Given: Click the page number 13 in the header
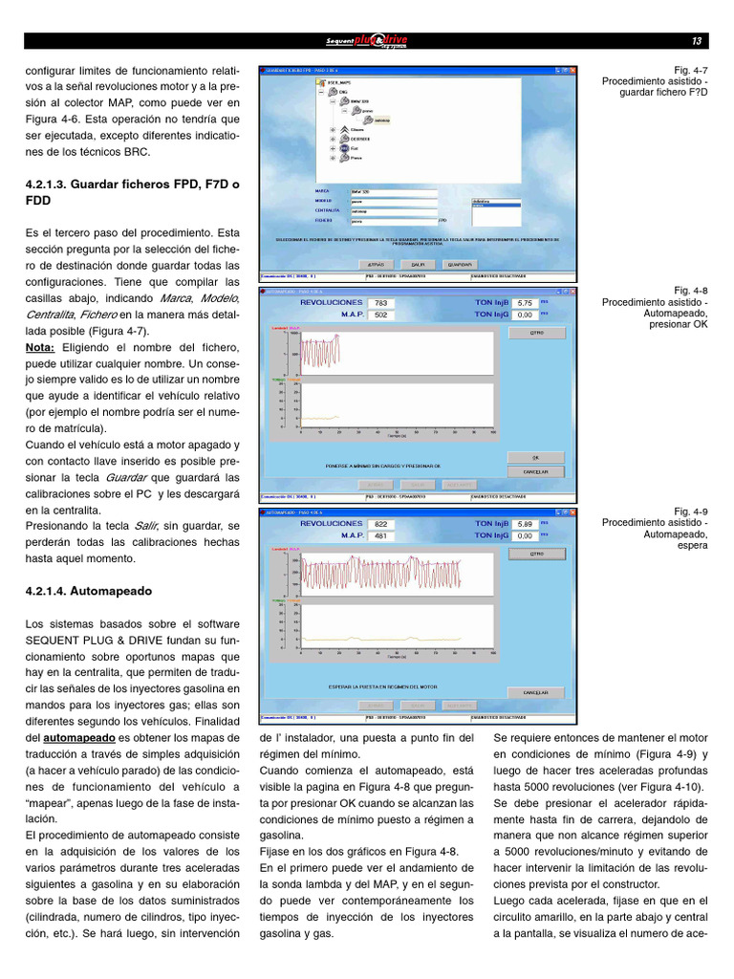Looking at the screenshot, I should (x=696, y=41).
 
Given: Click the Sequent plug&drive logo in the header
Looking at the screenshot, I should (x=367, y=41).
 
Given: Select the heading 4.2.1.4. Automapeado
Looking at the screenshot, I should (x=89, y=591).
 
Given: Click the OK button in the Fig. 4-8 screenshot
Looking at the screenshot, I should (x=535, y=458).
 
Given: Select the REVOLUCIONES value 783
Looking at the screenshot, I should (x=381, y=303).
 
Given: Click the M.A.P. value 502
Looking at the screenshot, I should (x=381, y=315).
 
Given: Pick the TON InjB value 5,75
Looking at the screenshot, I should (x=524, y=303).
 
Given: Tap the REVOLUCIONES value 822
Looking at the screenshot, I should (x=381, y=524).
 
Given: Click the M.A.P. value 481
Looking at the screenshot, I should (x=381, y=536).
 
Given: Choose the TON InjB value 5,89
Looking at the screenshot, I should (x=524, y=524).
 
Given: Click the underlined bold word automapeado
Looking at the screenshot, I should (x=80, y=738).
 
